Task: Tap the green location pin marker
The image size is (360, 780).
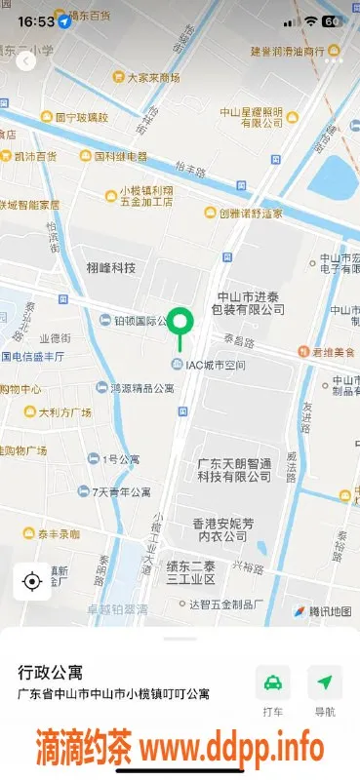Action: pyautogui.click(x=179, y=323)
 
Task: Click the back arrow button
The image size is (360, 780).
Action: pyautogui.click(x=26, y=60)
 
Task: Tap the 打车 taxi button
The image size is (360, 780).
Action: pyautogui.click(x=273, y=689)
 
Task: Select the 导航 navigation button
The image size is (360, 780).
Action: pyautogui.click(x=324, y=689)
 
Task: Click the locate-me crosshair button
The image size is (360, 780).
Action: pyautogui.click(x=31, y=582)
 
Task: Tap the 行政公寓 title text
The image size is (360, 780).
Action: pyautogui.click(x=51, y=673)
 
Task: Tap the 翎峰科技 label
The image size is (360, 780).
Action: pyautogui.click(x=110, y=268)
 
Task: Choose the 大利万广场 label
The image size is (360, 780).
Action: pyautogui.click(x=64, y=412)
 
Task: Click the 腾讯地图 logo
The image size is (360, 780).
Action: pyautogui.click(x=321, y=611)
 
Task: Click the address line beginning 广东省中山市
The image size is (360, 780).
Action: pyautogui.click(x=114, y=694)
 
